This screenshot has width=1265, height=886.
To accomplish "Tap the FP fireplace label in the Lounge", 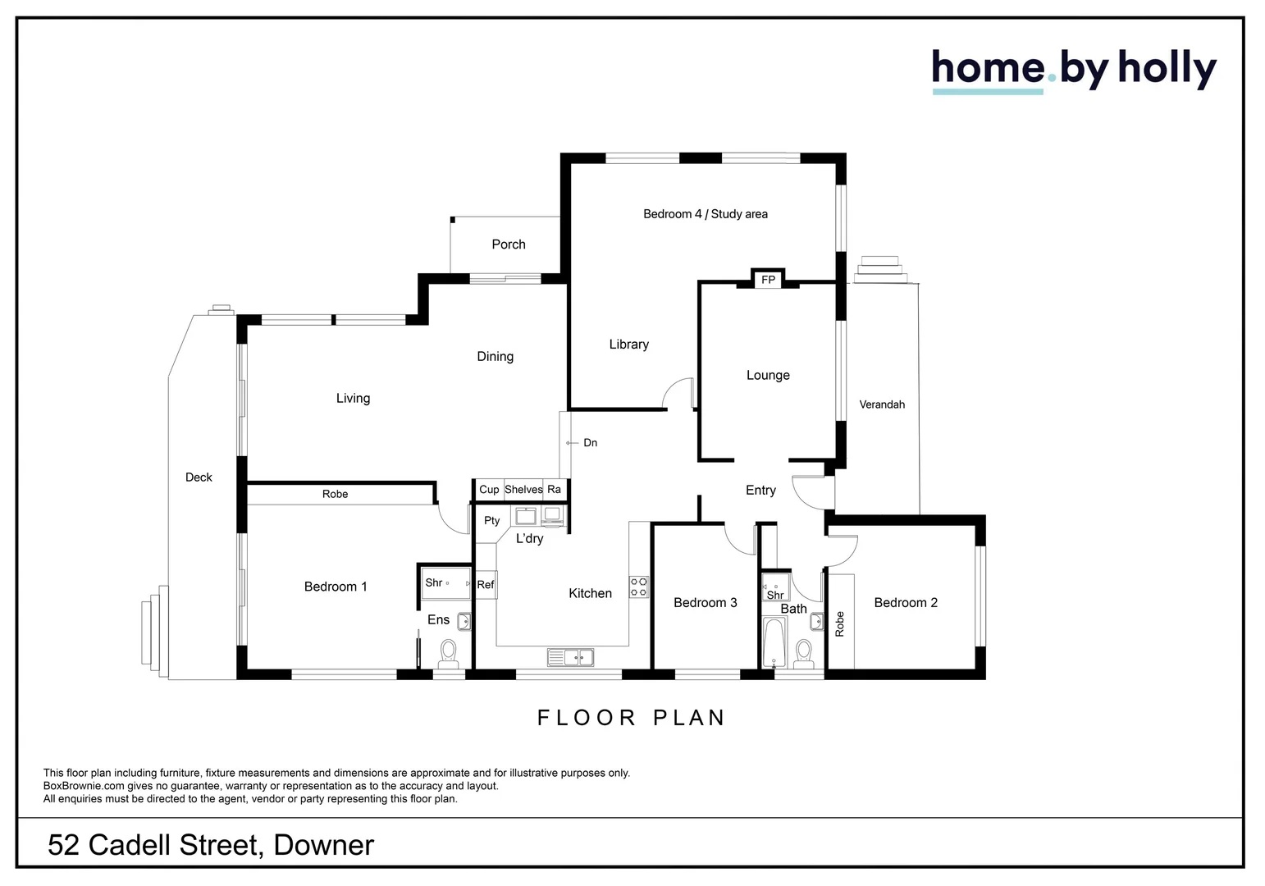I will [x=768, y=280].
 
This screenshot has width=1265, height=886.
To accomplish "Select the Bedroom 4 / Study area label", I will [x=705, y=214].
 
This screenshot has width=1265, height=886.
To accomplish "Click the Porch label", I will [x=508, y=244].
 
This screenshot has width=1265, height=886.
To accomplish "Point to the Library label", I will [x=628, y=345].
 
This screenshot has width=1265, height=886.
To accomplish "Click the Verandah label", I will [x=882, y=404].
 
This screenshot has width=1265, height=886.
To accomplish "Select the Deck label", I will [x=199, y=477].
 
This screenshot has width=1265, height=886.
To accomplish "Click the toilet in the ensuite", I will [x=448, y=652].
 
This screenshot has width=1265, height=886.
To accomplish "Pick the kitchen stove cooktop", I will [x=638, y=587].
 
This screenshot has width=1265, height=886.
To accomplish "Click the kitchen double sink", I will [x=571, y=657].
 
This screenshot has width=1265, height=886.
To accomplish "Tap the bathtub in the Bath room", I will [x=773, y=645].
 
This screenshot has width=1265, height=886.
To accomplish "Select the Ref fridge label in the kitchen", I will [x=486, y=585].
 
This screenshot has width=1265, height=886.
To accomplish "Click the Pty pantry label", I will [x=491, y=521].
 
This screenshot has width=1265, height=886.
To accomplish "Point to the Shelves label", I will [x=523, y=490].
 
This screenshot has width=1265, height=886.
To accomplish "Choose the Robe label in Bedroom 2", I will [x=839, y=624].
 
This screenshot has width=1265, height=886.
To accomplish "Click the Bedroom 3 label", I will [x=705, y=603].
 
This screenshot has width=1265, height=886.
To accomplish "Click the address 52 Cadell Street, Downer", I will [x=211, y=845].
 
